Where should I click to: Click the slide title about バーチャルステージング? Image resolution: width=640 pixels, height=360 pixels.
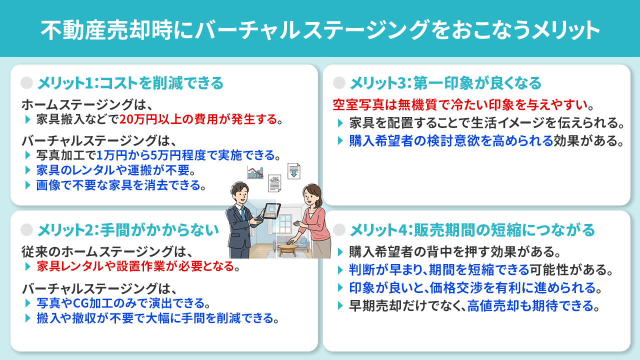pos(320,29)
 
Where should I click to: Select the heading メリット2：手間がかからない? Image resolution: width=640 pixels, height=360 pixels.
pos(128,229)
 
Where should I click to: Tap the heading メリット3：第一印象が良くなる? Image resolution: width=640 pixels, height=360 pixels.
pos(445,82)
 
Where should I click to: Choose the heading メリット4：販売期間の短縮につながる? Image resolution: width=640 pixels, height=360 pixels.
pos(472,229)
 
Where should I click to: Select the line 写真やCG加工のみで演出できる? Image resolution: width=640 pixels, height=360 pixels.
pos(122,302)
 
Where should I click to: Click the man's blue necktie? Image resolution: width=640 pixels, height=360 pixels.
pos(243,212)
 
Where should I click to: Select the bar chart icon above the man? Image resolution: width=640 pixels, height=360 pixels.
pos(255,173)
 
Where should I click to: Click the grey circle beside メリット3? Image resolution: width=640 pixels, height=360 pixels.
pos(339,82)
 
